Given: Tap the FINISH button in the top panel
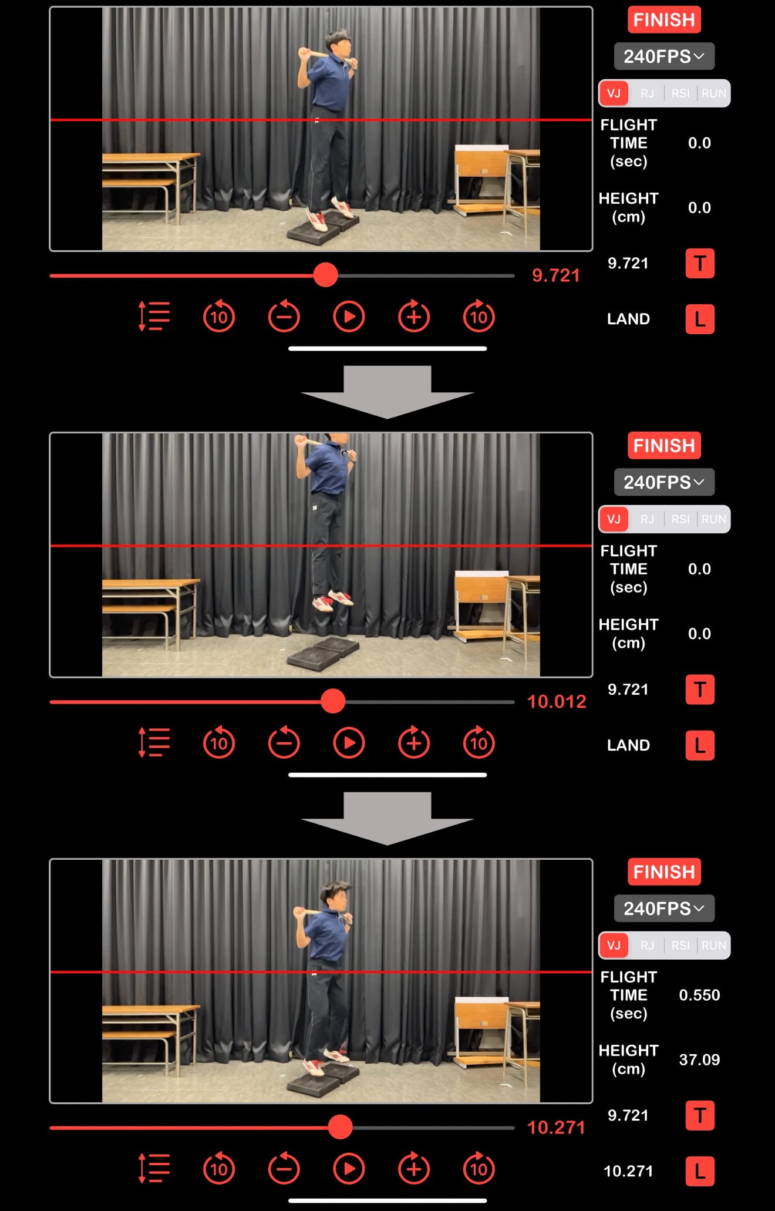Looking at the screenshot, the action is (x=664, y=20).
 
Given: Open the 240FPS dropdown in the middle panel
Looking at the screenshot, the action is (x=664, y=482).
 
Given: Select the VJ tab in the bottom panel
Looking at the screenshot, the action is (x=614, y=945).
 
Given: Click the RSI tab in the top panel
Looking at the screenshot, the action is (x=680, y=93).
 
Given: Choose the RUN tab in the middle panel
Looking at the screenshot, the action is (x=713, y=519).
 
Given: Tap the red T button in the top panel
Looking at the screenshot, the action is (x=700, y=263).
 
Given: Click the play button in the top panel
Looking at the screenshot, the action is (x=349, y=317).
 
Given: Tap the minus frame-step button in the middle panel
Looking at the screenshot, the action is (x=284, y=742).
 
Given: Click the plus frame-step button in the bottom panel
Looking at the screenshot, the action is (x=414, y=1169).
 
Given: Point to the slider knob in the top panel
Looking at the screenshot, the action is (x=325, y=275).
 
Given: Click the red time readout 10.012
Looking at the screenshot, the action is (x=557, y=701).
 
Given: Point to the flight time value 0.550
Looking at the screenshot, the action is (x=699, y=995).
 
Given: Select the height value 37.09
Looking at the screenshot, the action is (x=699, y=1059).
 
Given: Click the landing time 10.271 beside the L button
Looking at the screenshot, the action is (x=628, y=1171).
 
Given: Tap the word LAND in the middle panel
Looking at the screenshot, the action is (x=628, y=745).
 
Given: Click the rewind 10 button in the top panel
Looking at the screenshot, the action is (x=219, y=317).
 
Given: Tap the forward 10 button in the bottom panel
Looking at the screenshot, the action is (x=479, y=1169).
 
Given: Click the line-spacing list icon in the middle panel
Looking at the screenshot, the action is (x=154, y=742).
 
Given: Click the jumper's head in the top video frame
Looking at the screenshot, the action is (x=340, y=41).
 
